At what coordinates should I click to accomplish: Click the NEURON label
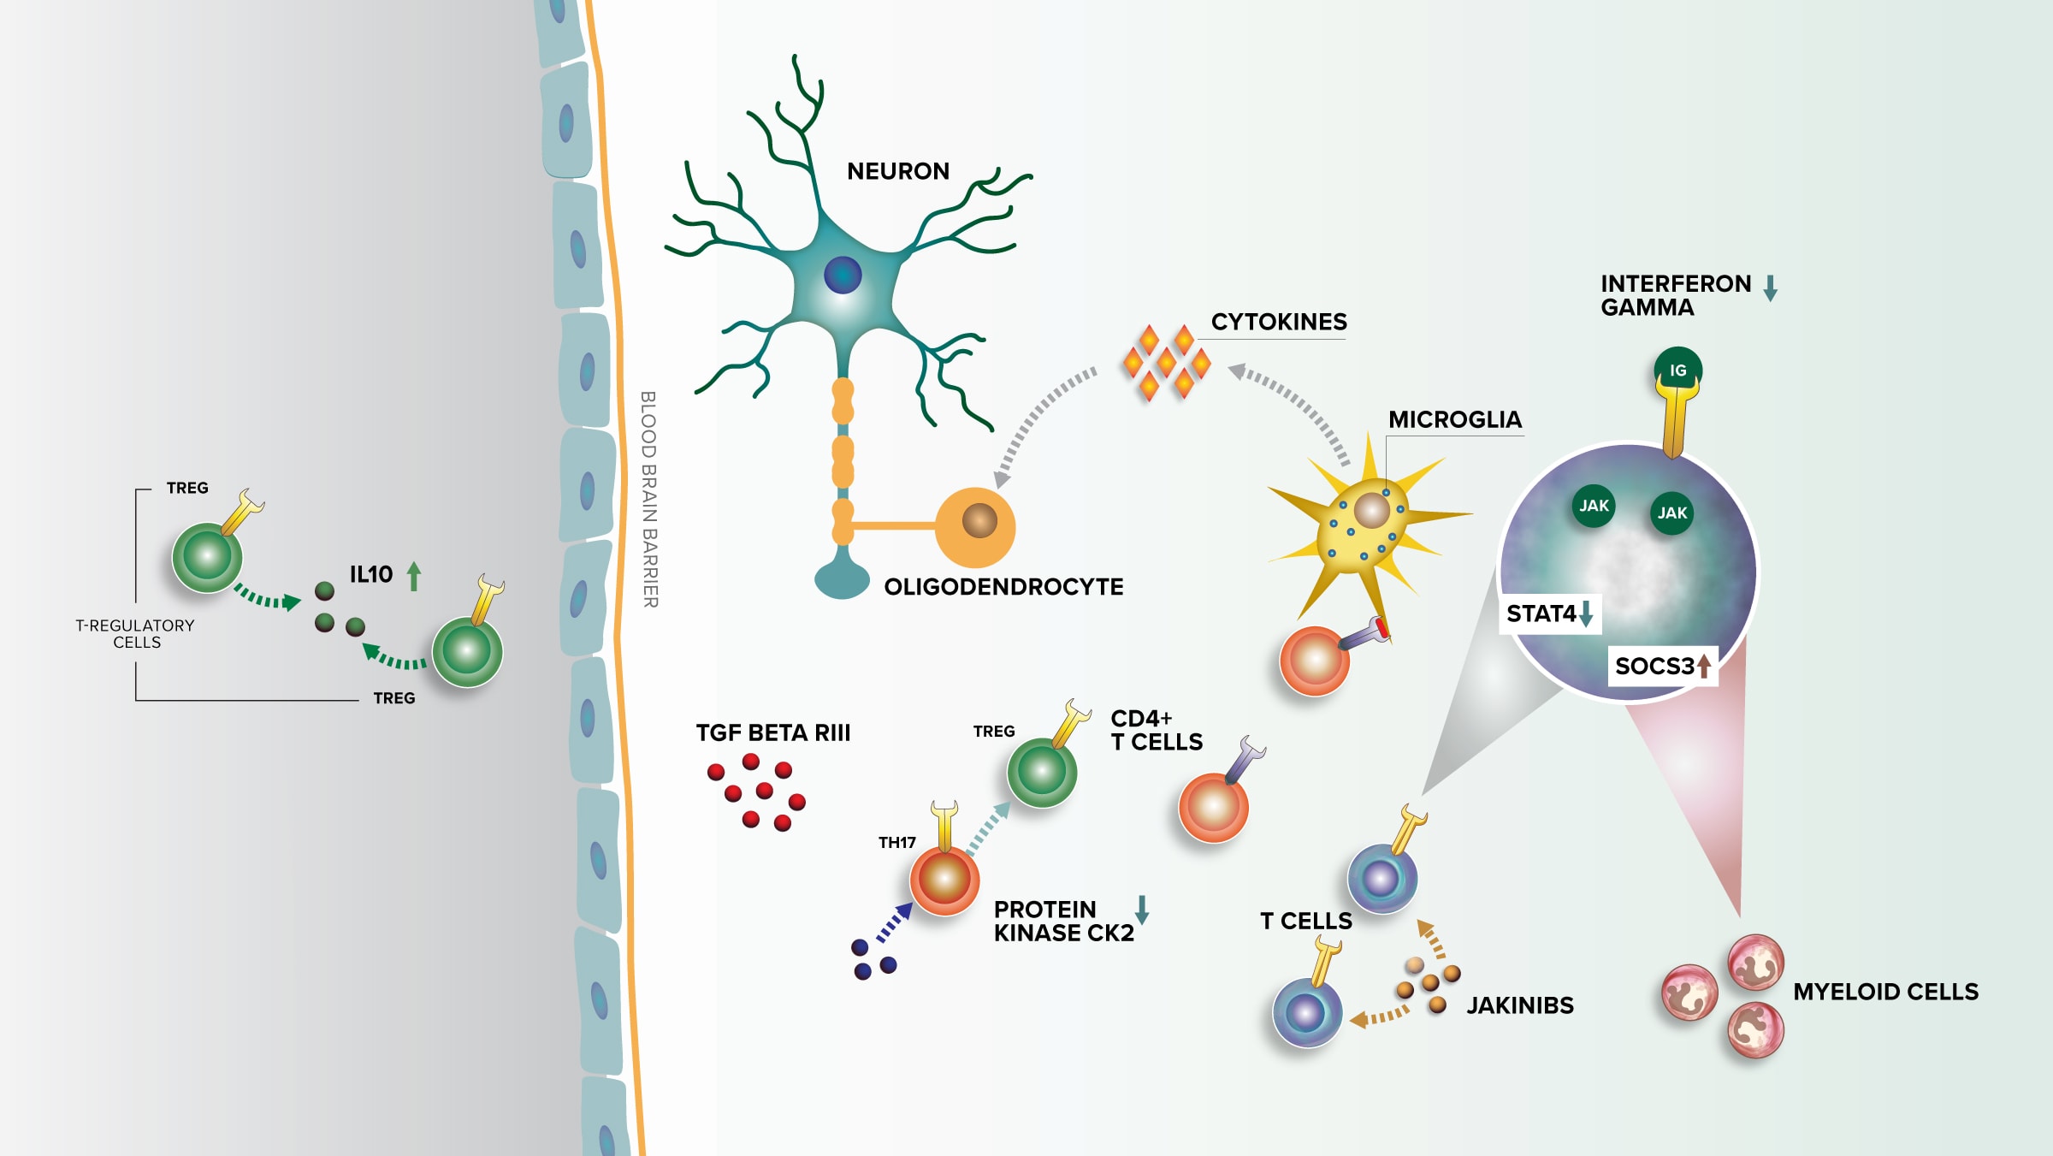pyautogui.click(x=897, y=171)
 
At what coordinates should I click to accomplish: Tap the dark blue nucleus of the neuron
pyautogui.click(x=843, y=276)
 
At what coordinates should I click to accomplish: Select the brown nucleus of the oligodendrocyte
pyautogui.click(x=979, y=520)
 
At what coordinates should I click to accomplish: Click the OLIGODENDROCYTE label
pyautogui.click(x=1003, y=587)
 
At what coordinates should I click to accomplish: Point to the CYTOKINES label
pyautogui.click(x=1278, y=322)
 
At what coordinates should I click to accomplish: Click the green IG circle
pyautogui.click(x=1677, y=371)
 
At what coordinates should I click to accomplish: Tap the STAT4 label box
pyautogui.click(x=1547, y=614)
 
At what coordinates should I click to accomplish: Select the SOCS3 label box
pyautogui.click(x=1662, y=666)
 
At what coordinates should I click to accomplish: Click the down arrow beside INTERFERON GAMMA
pyautogui.click(x=1770, y=288)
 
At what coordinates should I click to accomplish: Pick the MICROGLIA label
pyautogui.click(x=1454, y=419)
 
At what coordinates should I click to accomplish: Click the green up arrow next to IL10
pyautogui.click(x=414, y=576)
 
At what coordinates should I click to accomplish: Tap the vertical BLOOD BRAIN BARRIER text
pyautogui.click(x=649, y=500)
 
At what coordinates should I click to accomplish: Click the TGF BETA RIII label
pyautogui.click(x=772, y=732)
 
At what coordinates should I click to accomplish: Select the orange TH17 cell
pyautogui.click(x=944, y=880)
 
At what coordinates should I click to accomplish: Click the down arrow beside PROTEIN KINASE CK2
pyautogui.click(x=1141, y=910)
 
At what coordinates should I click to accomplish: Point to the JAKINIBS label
pyautogui.click(x=1519, y=1005)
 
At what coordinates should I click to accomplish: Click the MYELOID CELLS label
pyautogui.click(x=1885, y=992)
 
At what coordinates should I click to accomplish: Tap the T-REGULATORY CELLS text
pyautogui.click(x=135, y=634)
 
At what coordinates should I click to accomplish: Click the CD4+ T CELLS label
pyautogui.click(x=1156, y=730)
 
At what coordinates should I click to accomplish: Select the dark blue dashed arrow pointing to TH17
pyautogui.click(x=894, y=922)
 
